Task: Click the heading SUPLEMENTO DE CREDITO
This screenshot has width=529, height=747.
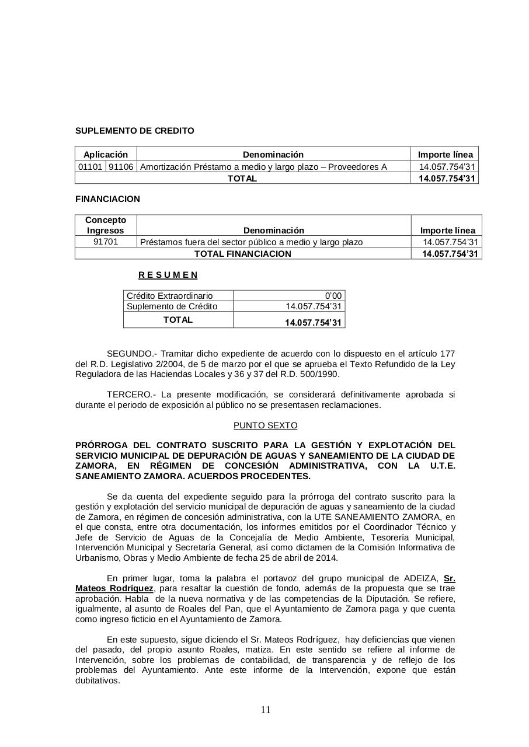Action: pyautogui.click(x=134, y=131)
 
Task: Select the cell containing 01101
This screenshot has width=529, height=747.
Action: pyautogui.click(x=90, y=167)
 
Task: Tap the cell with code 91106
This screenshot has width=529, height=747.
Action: pyautogui.click(x=121, y=167)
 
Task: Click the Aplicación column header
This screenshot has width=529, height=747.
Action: pyautogui.click(x=106, y=155)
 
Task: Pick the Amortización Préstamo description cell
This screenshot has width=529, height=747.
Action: pyautogui.click(x=263, y=167)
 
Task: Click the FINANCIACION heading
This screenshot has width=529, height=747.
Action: pyautogui.click(x=107, y=199)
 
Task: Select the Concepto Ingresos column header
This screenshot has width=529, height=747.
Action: pyautogui.click(x=106, y=225)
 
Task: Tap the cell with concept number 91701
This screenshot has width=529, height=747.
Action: pyautogui.click(x=106, y=242)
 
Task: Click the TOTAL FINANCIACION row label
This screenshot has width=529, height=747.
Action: pyautogui.click(x=242, y=254)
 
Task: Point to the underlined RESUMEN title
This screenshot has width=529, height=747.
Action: pyautogui.click(x=168, y=275)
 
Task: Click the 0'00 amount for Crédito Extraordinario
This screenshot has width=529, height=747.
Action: pyautogui.click(x=333, y=296)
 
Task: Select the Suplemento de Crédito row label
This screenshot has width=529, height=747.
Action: pyautogui.click(x=172, y=306)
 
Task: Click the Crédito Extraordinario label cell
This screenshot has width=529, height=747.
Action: pyautogui.click(x=169, y=296)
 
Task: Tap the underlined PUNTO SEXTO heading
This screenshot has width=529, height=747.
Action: pyautogui.click(x=265, y=425)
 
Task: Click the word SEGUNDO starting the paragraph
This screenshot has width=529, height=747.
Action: pyautogui.click(x=130, y=354)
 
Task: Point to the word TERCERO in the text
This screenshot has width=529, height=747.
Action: pyautogui.click(x=128, y=395)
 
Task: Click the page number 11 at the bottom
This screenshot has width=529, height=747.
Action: pyautogui.click(x=265, y=710)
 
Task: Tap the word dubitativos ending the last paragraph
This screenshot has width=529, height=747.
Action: pyautogui.click(x=98, y=680)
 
